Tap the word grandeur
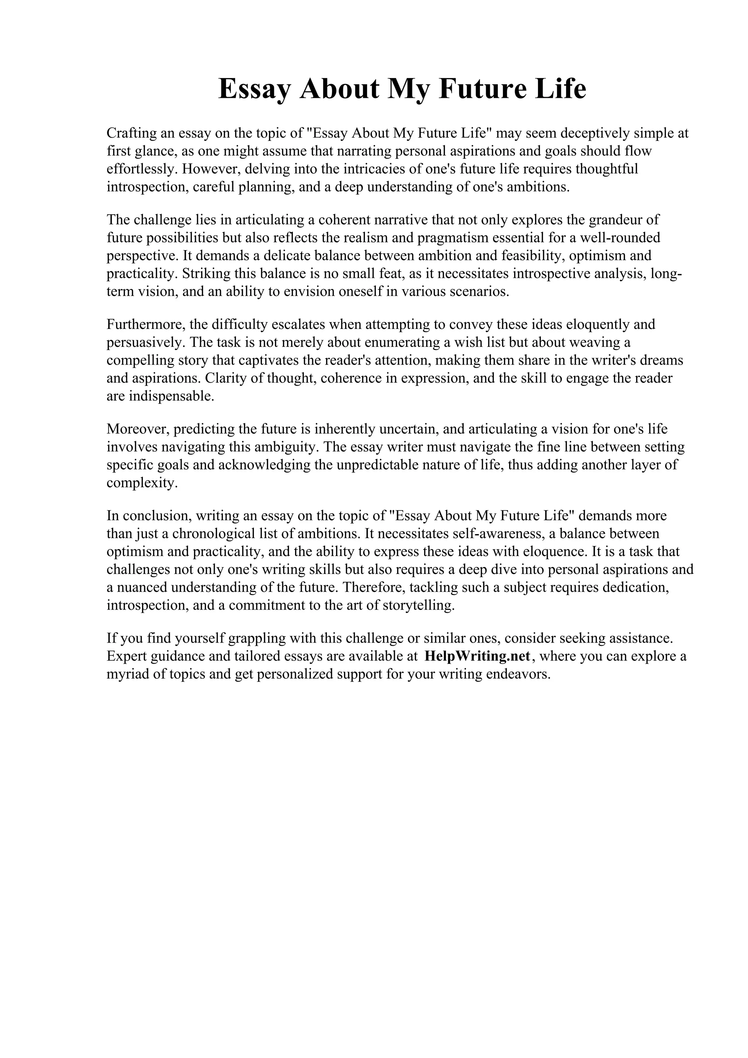pyautogui.click(x=618, y=219)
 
